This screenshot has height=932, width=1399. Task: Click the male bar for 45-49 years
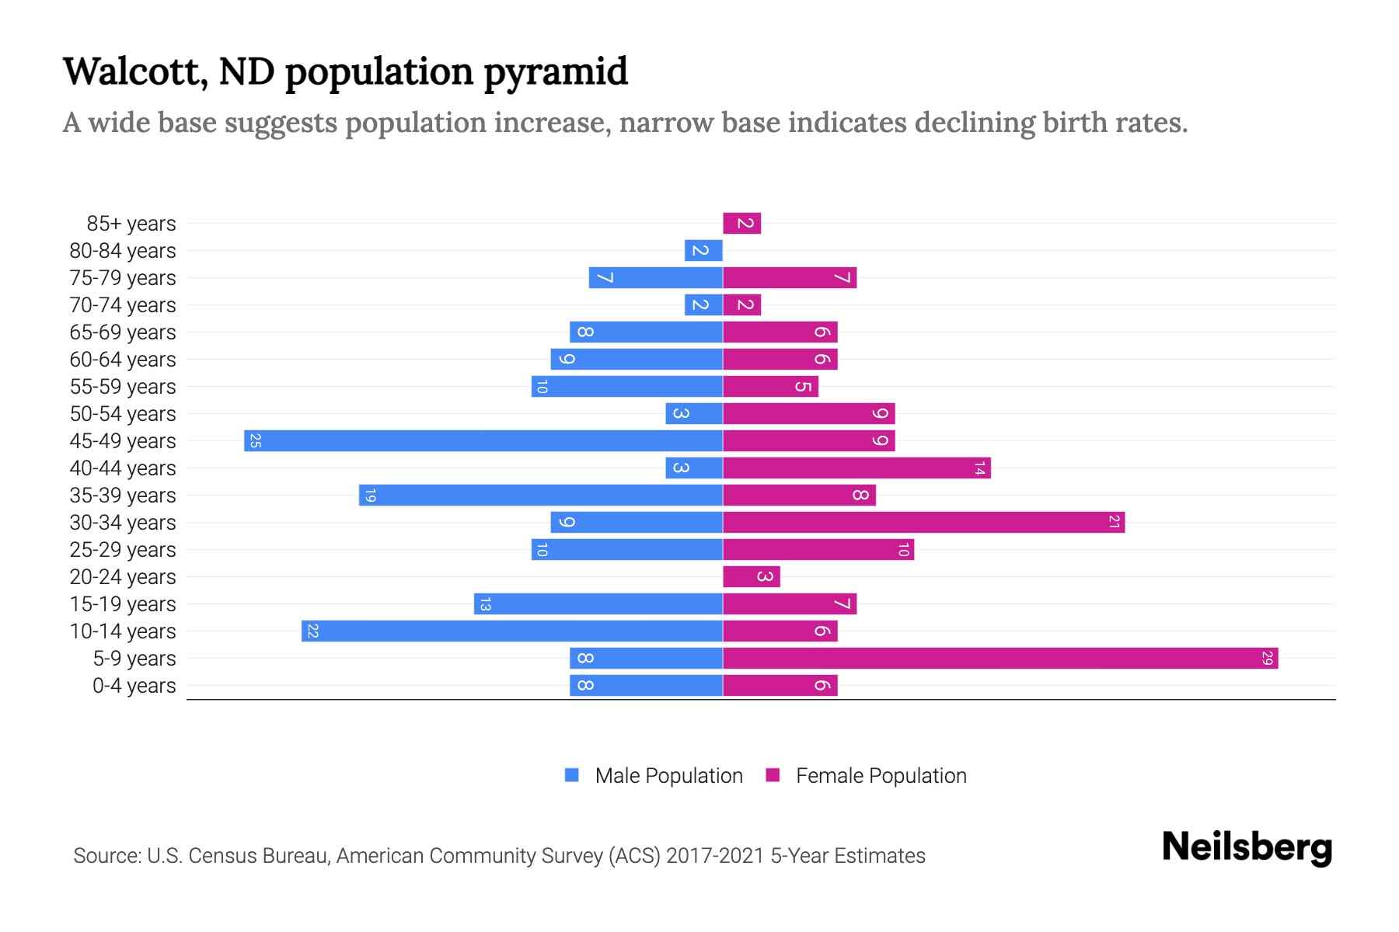[x=483, y=440]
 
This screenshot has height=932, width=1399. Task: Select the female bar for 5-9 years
[x=1000, y=659]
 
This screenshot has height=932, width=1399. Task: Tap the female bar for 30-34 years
[x=923, y=522]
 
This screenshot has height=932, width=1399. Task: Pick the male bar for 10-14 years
[x=512, y=631]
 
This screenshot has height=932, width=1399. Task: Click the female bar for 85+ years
[x=741, y=224]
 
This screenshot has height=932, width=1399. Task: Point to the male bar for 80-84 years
[x=703, y=251]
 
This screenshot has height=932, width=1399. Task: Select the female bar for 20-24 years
[x=751, y=576]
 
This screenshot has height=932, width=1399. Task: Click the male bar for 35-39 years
[x=541, y=495]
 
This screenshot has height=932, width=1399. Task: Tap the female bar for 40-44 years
[x=856, y=468]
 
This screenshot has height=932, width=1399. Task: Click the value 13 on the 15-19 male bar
[x=485, y=604]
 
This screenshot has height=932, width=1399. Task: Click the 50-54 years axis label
[x=123, y=414]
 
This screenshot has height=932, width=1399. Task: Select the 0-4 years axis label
[x=134, y=686]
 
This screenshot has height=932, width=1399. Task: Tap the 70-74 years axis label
[x=123, y=305]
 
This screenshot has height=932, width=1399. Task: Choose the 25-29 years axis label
[x=123, y=550]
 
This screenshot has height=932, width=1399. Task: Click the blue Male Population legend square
[x=572, y=775]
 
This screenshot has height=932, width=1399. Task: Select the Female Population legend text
[x=881, y=775]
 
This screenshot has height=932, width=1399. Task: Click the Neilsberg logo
[x=1246, y=847]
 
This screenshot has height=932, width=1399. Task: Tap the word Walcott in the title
[x=134, y=71]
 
